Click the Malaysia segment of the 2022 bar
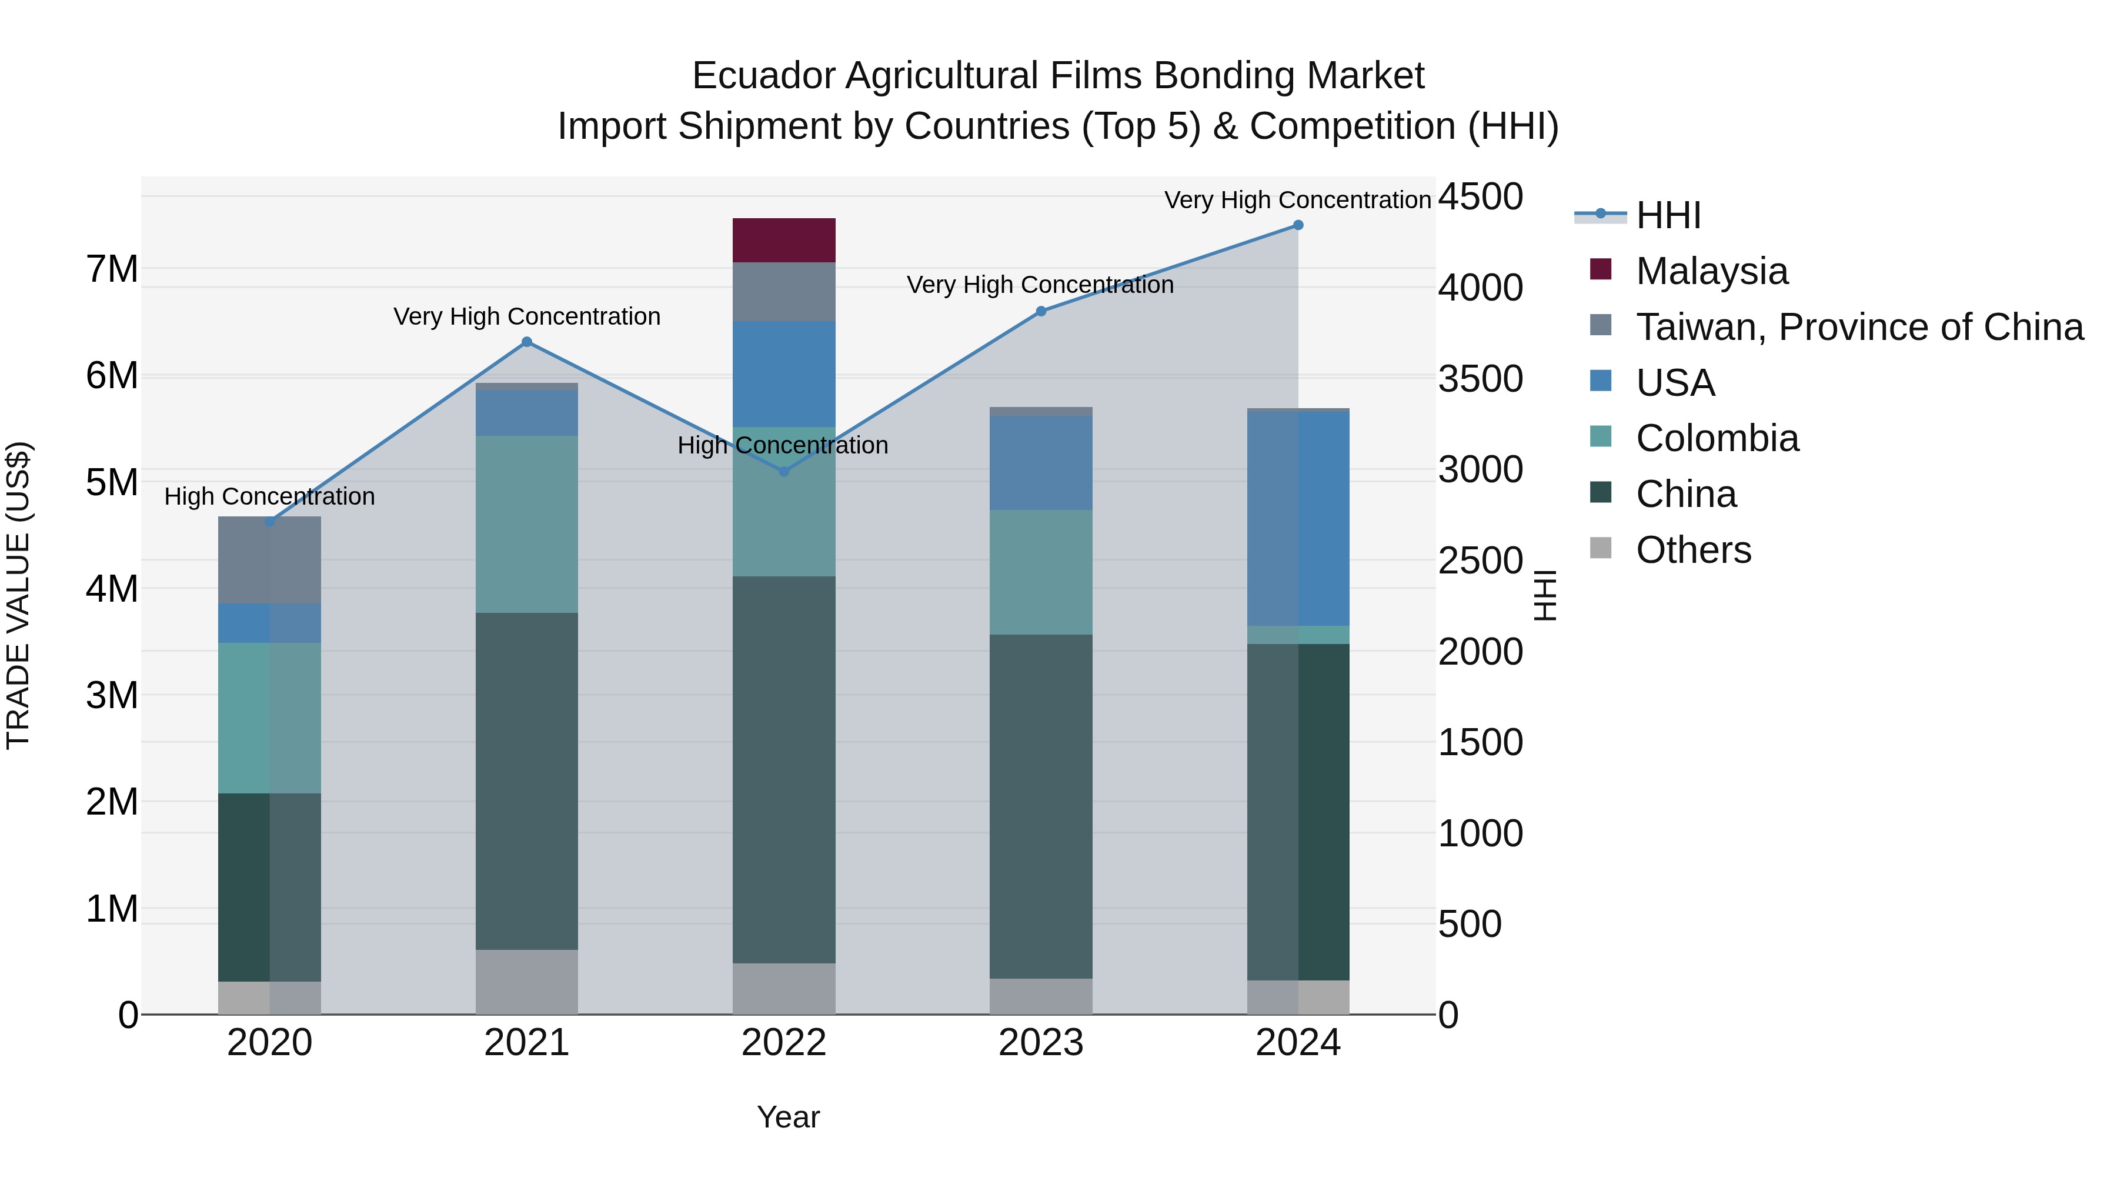[x=783, y=240]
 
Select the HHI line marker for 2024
[x=1298, y=225]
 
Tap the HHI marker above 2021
[x=527, y=342]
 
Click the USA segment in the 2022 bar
[x=783, y=374]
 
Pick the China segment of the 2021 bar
[x=527, y=781]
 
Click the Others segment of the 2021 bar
[x=527, y=982]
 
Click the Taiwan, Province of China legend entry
[x=1859, y=327]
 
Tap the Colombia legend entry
[x=1716, y=438]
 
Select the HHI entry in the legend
[x=1668, y=215]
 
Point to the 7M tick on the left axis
[x=112, y=269]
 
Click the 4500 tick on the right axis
[x=1480, y=197]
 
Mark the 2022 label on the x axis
[x=783, y=1043]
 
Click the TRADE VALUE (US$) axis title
[x=18, y=595]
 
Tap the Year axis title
[x=787, y=1117]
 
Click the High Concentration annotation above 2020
[x=269, y=496]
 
